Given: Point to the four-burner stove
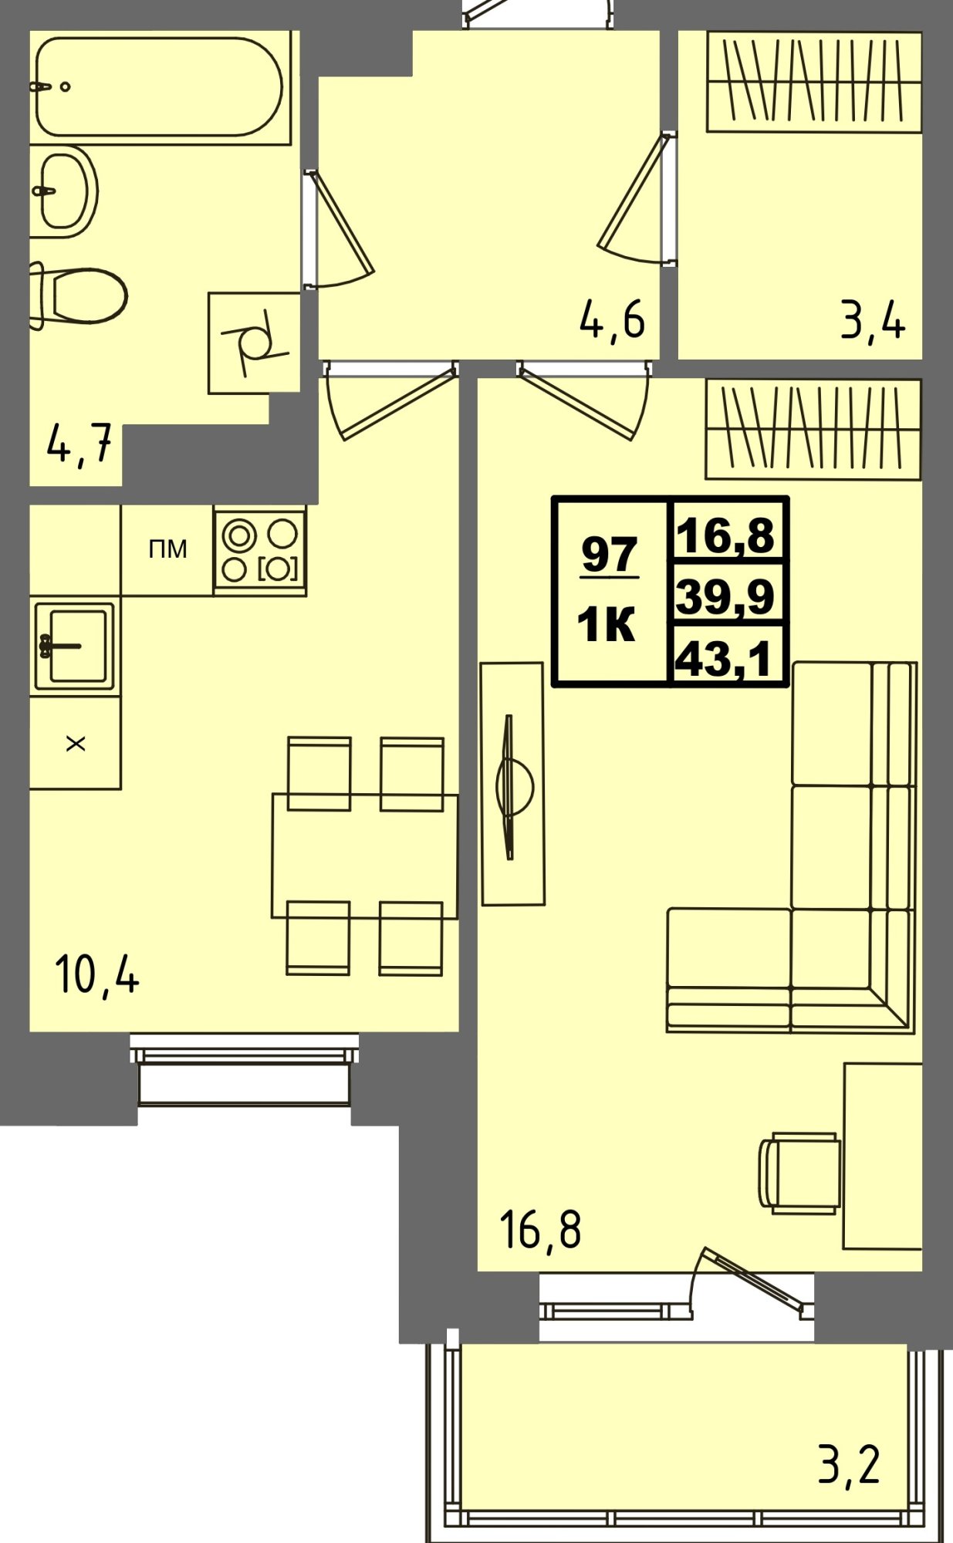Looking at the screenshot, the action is coord(260,550).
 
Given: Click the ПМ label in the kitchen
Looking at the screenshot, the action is coord(167,549).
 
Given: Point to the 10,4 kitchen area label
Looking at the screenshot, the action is coord(97,974).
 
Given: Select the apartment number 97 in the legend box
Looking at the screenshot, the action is coord(610,554).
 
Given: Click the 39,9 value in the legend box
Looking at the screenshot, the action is coord(725,596).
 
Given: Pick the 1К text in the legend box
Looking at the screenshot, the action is coord(607,625).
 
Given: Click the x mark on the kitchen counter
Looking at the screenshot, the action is coord(76,744).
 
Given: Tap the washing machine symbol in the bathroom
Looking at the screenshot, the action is coord(254,343).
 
